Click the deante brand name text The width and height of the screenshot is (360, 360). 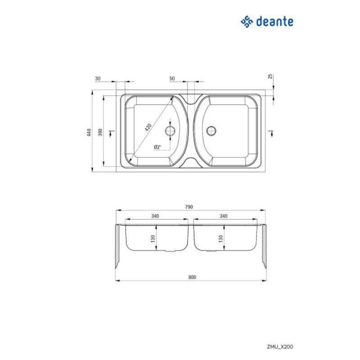274,22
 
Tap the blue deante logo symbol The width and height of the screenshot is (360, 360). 247,22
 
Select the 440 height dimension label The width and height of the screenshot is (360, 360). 89,132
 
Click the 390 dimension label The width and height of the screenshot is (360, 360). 100,132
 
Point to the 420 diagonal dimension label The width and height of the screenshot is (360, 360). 148,127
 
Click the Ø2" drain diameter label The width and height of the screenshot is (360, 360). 158,147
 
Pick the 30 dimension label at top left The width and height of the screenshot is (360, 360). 98,78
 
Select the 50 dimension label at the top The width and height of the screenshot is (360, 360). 172,78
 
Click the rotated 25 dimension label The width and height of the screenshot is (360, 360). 270,76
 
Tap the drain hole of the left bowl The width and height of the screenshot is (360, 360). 170,131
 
